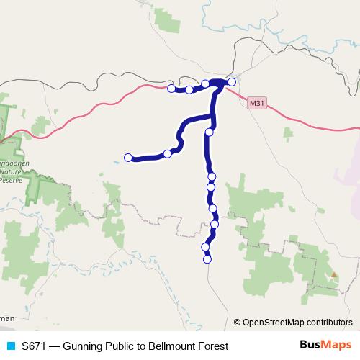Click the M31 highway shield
[x=256, y=103]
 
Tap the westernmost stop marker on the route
[x=128, y=158]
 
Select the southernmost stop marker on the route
[x=207, y=260]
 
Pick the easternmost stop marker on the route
[x=232, y=82]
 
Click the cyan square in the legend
[x=10, y=346]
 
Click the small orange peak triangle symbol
[x=335, y=274]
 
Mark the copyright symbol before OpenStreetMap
[x=237, y=323]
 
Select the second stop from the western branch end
[x=167, y=153]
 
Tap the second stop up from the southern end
[x=205, y=248]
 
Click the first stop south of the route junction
[x=209, y=132]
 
